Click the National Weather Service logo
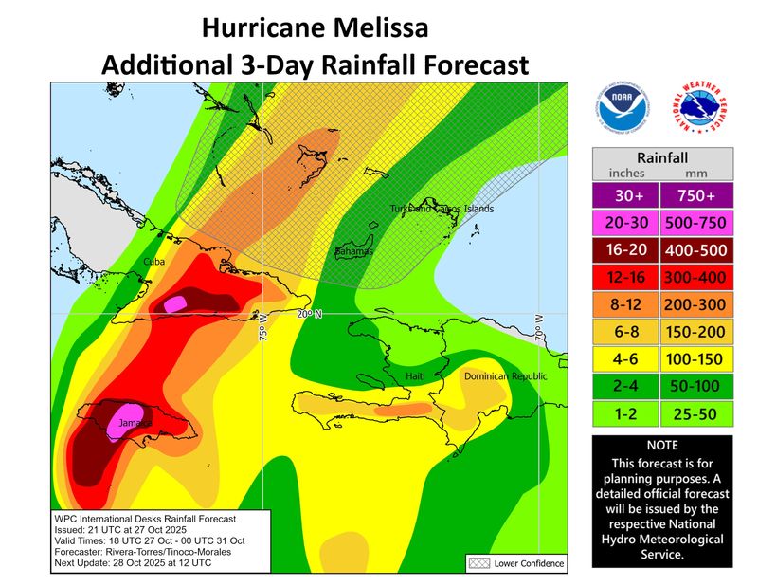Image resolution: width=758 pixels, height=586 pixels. click(702, 107)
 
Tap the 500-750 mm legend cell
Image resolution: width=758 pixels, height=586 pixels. click(698, 222)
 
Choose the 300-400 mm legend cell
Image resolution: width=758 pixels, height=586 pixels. click(698, 277)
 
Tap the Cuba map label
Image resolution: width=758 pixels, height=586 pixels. click(154, 261)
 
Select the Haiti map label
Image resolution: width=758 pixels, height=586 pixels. click(416, 377)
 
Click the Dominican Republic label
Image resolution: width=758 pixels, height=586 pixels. click(505, 376)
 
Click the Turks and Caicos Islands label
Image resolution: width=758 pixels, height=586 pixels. click(442, 209)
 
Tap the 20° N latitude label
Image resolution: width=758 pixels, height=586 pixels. click(310, 314)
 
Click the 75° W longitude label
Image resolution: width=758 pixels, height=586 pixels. click(263, 325)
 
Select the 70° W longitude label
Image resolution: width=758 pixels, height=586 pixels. click(539, 326)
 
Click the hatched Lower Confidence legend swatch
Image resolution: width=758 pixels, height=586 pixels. click(477, 563)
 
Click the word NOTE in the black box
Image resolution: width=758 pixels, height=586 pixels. click(662, 444)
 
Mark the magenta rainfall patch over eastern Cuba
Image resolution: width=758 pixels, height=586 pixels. click(175, 304)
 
